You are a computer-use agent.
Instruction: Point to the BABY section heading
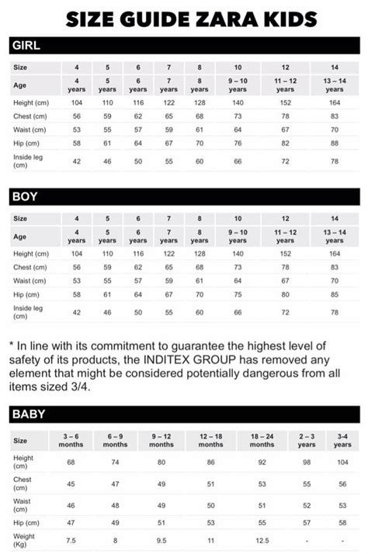tap(29, 415)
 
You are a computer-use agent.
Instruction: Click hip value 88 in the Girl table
tap(334, 143)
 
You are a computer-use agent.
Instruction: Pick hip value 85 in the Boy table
tap(334, 294)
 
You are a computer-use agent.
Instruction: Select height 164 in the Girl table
tap(334, 103)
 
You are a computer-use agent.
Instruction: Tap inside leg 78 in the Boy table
tap(334, 311)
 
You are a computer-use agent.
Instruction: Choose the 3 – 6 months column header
tap(70, 440)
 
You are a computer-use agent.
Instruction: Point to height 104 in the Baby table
tap(342, 462)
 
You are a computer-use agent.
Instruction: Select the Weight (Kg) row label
tap(25, 539)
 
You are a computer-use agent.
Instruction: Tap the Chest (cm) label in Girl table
tap(30, 116)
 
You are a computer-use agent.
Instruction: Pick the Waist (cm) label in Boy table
tap(30, 280)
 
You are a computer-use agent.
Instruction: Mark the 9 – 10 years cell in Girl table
tap(238, 84)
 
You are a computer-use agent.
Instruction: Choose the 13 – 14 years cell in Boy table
tap(334, 236)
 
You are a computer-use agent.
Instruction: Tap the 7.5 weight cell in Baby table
tap(70, 540)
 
